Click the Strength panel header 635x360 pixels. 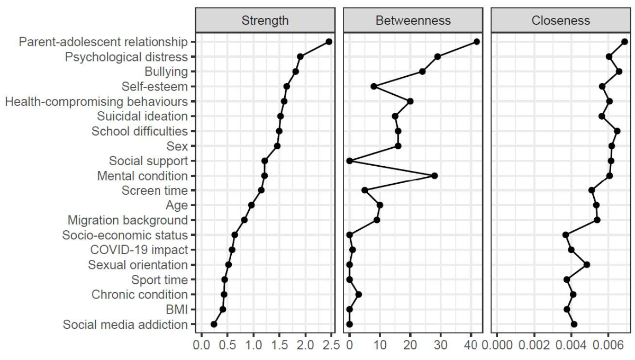click(265, 21)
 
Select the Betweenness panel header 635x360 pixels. click(413, 21)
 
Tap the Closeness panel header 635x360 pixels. click(560, 21)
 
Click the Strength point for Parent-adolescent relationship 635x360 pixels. click(329, 42)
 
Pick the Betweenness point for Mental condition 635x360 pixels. click(434, 176)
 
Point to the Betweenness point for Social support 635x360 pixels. click(349, 160)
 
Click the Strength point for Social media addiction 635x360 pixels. click(214, 325)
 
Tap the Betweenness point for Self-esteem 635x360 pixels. click(374, 86)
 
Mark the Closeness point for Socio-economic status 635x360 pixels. click(566, 235)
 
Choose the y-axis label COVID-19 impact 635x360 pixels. click(139, 249)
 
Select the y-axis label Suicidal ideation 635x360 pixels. click(142, 116)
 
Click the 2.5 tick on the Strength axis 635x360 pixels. click(331, 347)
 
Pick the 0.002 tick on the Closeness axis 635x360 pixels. click(534, 347)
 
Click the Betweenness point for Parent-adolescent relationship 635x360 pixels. click(477, 42)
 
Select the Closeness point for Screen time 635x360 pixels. click(592, 190)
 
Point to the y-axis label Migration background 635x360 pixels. click(128, 220)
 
